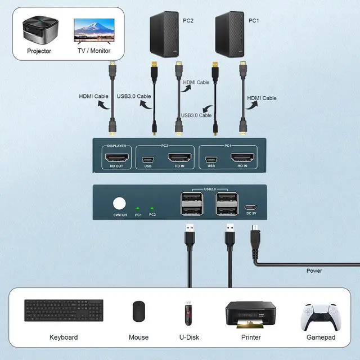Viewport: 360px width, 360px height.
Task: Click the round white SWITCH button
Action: (120, 204)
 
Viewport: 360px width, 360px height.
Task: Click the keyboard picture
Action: (63, 310)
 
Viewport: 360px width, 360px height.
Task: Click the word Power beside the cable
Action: (314, 271)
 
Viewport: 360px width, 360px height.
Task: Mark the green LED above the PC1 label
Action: (138, 208)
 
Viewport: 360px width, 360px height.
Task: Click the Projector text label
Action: (39, 51)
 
